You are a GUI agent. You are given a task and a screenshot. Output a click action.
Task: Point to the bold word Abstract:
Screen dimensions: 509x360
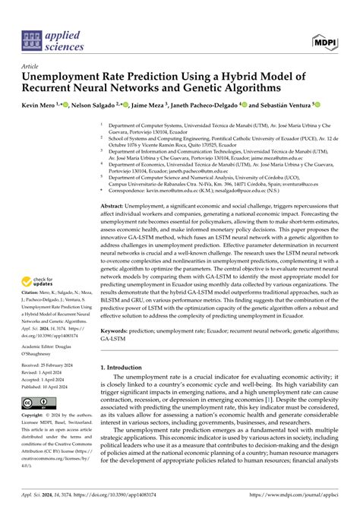click(117, 206)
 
